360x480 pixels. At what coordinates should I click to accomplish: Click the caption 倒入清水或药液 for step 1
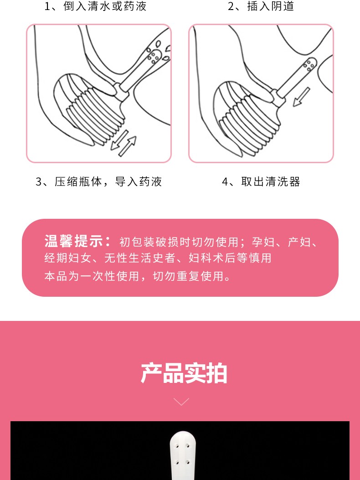[x=96, y=6]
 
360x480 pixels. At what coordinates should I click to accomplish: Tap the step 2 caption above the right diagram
[x=261, y=6]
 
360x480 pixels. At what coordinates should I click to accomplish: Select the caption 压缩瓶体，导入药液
[x=99, y=182]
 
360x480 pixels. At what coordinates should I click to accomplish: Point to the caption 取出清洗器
[x=261, y=182]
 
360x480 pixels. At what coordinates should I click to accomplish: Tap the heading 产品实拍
[x=184, y=373]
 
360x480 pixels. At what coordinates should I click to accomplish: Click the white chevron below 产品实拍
[x=181, y=402]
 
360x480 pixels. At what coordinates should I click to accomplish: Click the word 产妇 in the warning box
[x=299, y=242]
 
